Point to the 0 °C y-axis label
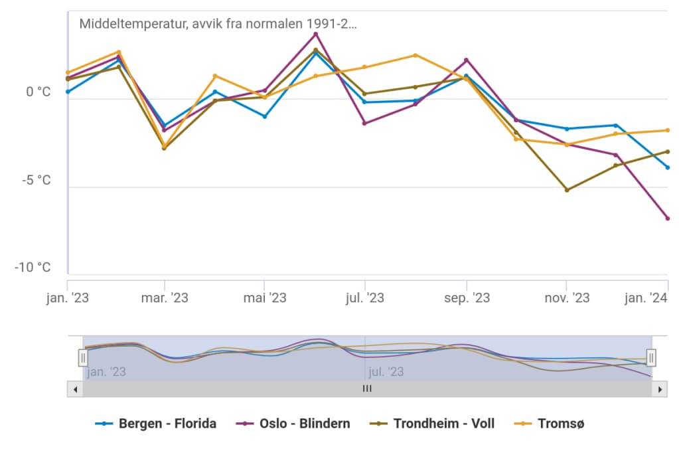tap(38, 92)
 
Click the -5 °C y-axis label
tap(37, 180)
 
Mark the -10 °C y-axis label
tap(33, 268)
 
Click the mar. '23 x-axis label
tap(165, 298)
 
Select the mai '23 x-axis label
tap(265, 298)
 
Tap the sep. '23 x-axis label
tap(467, 298)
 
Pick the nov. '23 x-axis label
tap(567, 298)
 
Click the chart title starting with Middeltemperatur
tap(218, 25)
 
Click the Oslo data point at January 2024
tap(667, 219)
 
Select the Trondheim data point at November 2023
tap(567, 190)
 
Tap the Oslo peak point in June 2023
tap(316, 34)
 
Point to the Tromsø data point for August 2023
tap(415, 55)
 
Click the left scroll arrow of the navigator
tap(75, 389)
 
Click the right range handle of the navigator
tap(651, 358)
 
